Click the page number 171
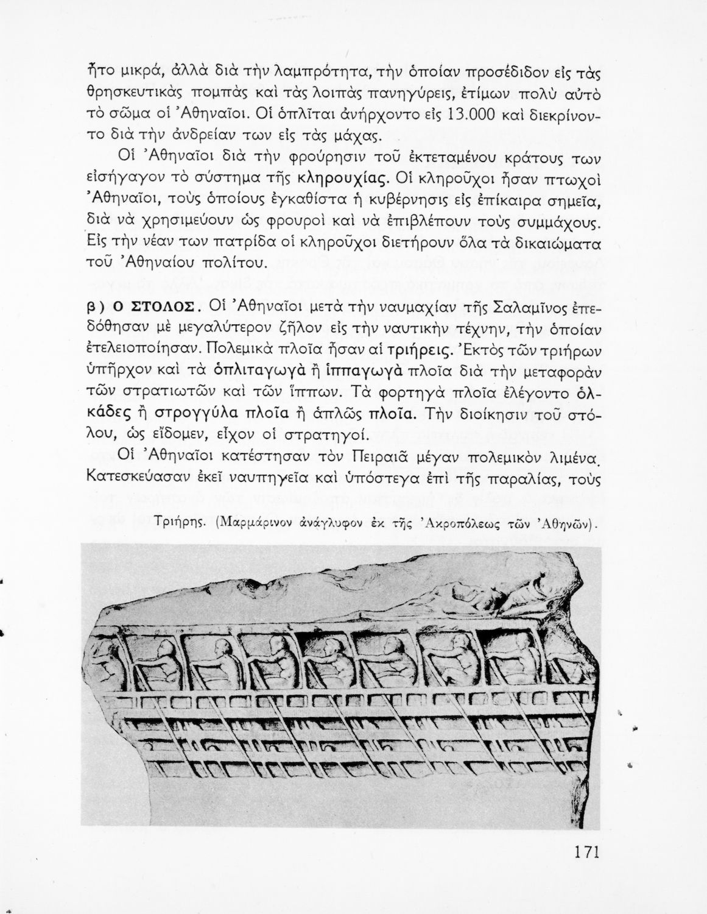pos(586,851)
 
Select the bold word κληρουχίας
pos(340,179)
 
